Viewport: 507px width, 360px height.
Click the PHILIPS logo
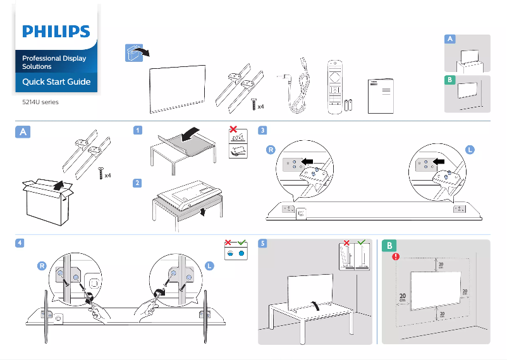56,32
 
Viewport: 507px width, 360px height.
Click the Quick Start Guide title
56,81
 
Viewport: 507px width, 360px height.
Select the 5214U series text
40,102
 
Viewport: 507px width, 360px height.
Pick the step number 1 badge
137,130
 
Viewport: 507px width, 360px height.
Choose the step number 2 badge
137,183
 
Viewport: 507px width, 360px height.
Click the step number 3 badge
263,130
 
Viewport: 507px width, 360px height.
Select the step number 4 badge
21,243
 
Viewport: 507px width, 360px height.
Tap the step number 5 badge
263,243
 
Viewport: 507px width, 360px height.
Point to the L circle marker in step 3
470,150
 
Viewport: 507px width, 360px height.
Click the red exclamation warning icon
396,256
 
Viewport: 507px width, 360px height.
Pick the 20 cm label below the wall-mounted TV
441,314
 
